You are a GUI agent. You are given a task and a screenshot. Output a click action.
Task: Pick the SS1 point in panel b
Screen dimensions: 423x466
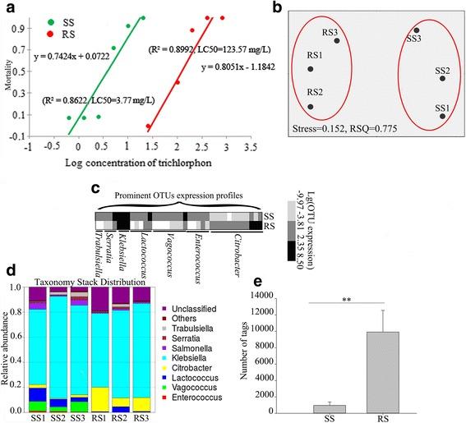[442, 117]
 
